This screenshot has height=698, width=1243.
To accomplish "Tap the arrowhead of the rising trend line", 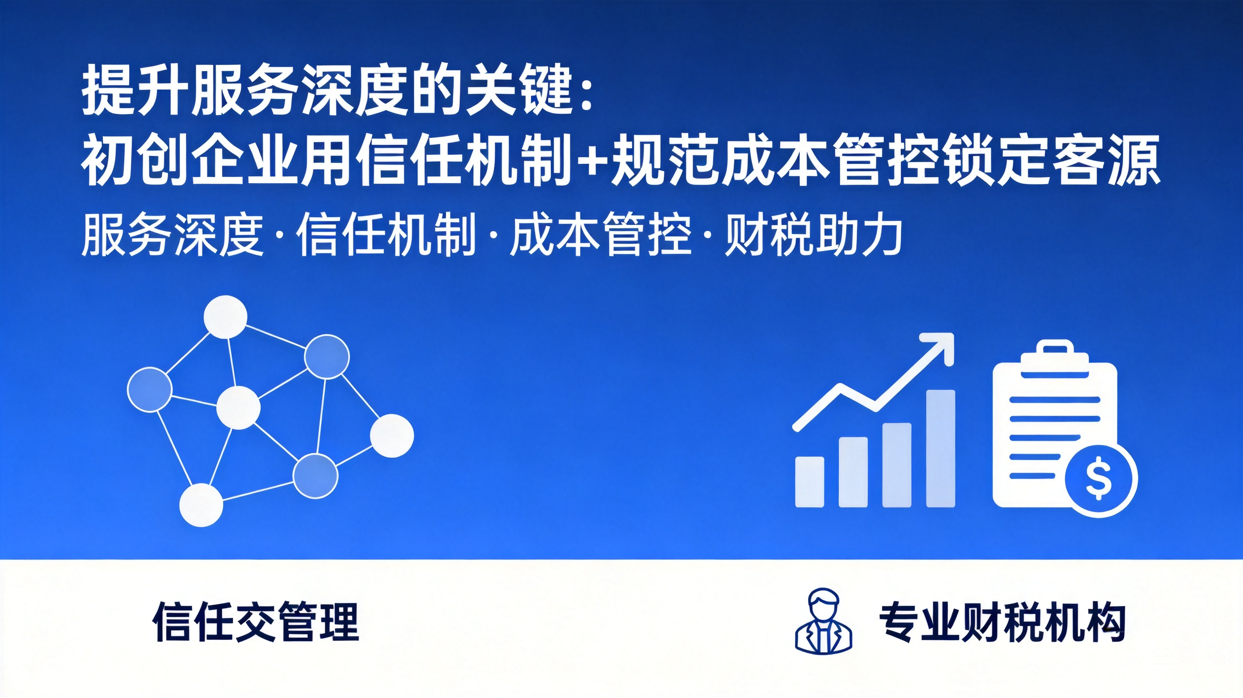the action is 938,348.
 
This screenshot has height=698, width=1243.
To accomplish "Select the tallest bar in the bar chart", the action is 941,448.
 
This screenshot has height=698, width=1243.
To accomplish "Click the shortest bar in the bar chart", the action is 810,482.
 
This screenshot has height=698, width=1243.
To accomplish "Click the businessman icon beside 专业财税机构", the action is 824,621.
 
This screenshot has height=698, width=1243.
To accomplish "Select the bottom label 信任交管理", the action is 256,621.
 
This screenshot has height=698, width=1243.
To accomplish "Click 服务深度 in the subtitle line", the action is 173,235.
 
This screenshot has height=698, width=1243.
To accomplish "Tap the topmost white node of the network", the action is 225,317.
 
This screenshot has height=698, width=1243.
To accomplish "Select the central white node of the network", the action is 238,407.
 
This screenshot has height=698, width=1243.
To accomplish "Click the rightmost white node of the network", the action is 392,435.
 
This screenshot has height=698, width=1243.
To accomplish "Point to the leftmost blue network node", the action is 150,389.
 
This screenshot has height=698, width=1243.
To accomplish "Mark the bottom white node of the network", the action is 201,505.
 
